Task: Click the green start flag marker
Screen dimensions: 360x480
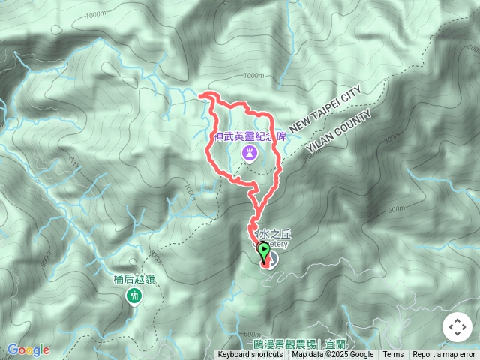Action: tap(264, 249)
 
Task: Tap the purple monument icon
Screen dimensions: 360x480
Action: tap(249, 154)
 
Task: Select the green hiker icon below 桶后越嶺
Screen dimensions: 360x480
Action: tap(133, 296)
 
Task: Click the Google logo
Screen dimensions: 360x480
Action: tap(28, 349)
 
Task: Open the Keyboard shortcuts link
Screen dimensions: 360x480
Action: tap(250, 355)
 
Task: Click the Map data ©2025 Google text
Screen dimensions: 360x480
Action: tap(333, 355)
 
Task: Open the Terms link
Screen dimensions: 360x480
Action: tap(393, 355)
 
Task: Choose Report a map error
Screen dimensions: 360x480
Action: tap(444, 355)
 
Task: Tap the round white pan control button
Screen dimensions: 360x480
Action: tap(456, 327)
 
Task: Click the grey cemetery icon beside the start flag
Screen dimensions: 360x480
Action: tap(271, 260)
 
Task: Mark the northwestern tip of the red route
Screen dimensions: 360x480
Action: tap(200, 94)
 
